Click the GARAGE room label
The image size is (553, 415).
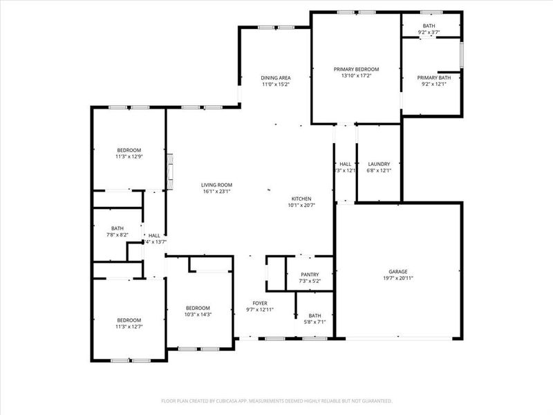point(397,271)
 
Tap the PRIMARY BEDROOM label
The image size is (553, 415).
point(356,69)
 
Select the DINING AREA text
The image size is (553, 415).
point(275,77)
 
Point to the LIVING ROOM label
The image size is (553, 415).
point(216,185)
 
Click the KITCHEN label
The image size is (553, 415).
point(301,198)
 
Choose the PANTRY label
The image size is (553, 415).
point(310,274)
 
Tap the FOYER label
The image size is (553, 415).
point(260,303)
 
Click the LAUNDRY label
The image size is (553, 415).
point(379,163)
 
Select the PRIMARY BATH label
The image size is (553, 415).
point(436,77)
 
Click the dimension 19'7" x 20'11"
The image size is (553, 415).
point(397,278)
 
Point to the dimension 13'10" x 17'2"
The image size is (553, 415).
point(356,76)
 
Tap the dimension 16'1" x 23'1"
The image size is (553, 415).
point(216,192)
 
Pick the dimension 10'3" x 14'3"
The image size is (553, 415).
point(198,315)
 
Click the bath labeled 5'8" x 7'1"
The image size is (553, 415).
point(315,318)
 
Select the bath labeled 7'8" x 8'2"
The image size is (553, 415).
point(117,232)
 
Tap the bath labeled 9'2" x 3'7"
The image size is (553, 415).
point(429,29)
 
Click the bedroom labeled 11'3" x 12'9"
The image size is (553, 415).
point(129,154)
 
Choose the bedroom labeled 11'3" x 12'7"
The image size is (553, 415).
point(129,323)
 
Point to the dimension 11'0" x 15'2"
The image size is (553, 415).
point(275,84)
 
